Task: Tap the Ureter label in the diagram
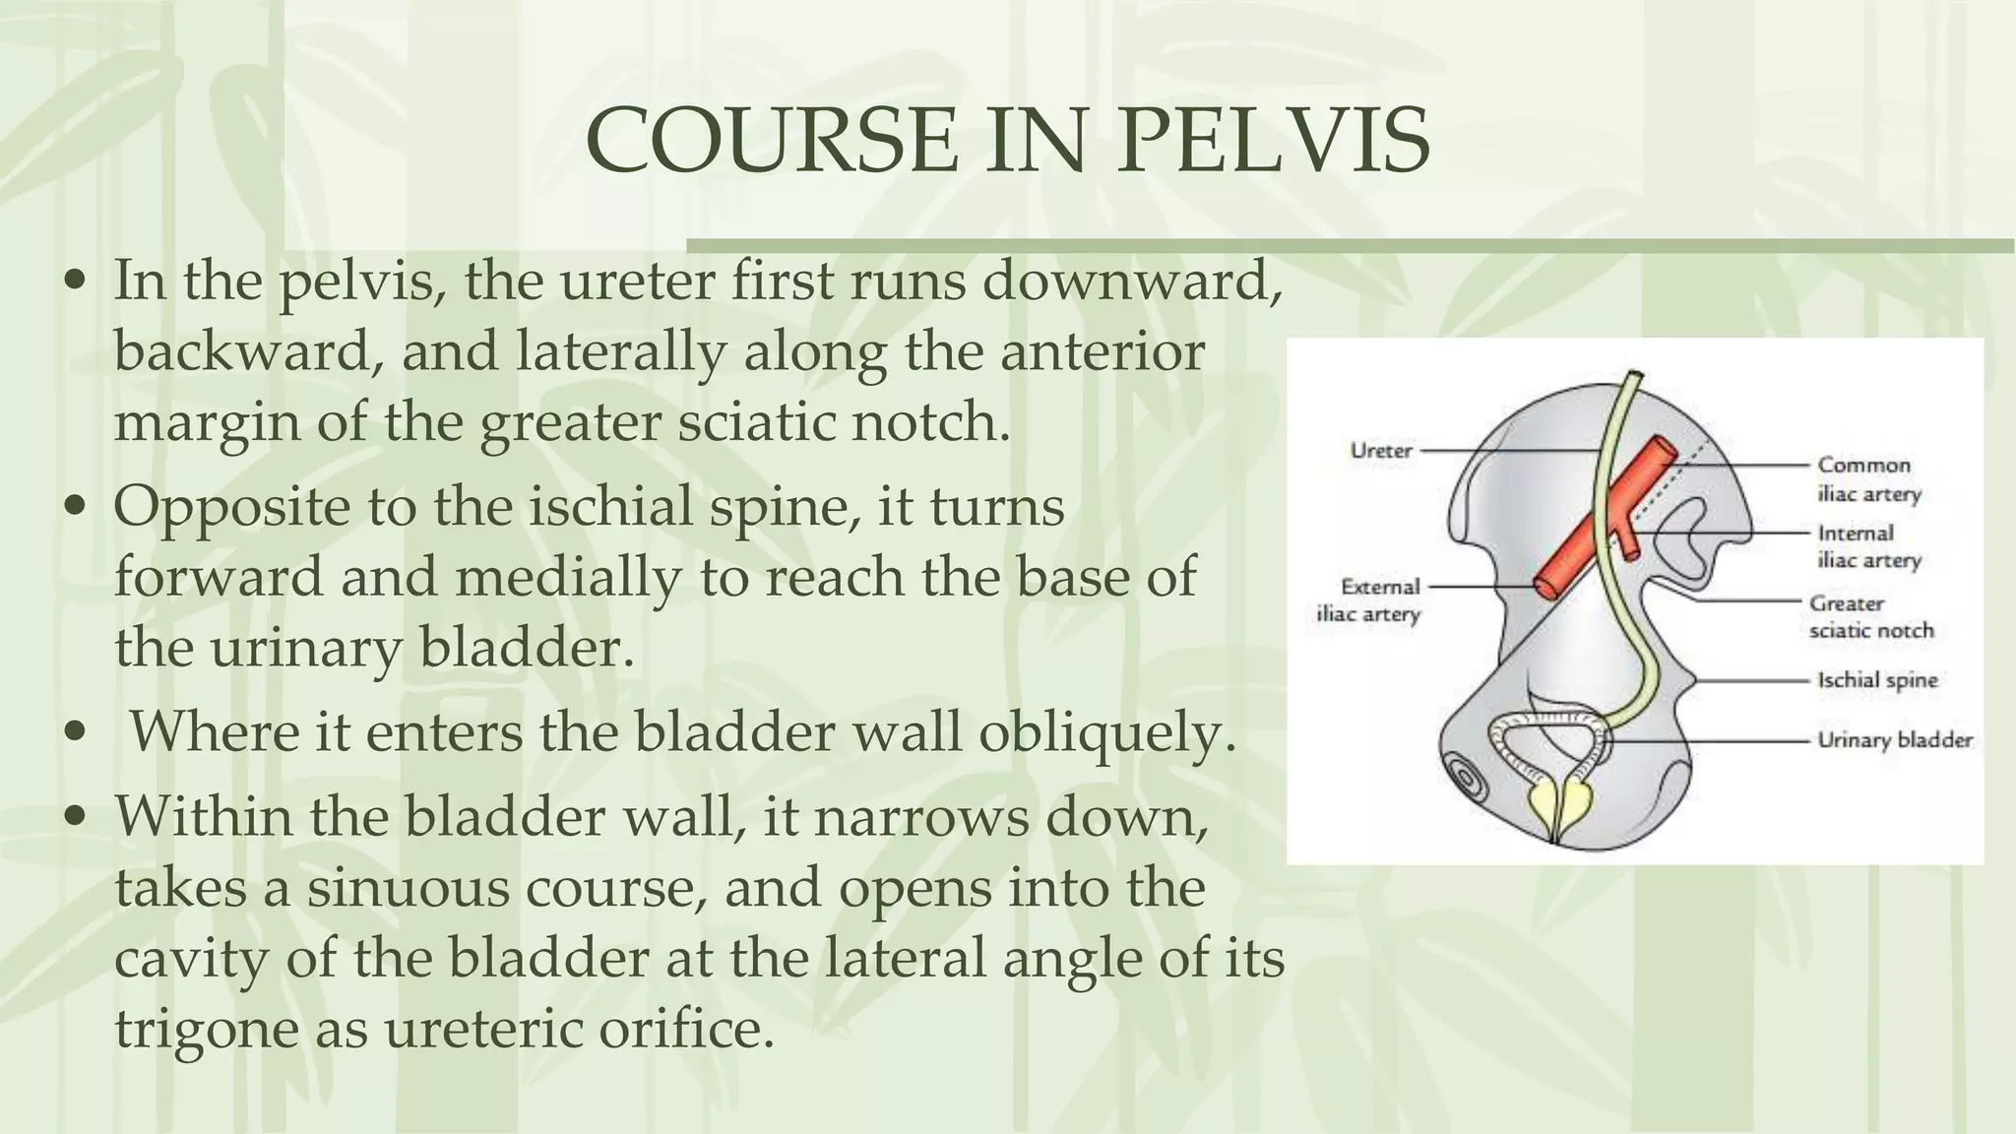(1380, 451)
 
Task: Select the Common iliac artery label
(1867, 478)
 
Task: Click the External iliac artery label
(1369, 600)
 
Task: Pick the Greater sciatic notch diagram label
(1870, 616)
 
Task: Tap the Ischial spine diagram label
(1876, 679)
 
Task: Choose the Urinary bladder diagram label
(1894, 740)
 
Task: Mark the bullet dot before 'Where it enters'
(74, 733)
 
